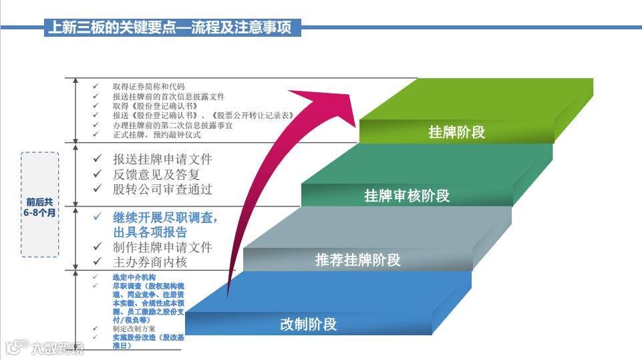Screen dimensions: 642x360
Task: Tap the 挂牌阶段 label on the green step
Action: coord(456,132)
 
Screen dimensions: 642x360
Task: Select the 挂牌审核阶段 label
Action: coord(407,196)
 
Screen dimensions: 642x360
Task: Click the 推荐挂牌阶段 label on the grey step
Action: coord(358,260)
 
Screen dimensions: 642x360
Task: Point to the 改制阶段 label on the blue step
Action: coord(308,325)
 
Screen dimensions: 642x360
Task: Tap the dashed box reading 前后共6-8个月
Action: coord(40,204)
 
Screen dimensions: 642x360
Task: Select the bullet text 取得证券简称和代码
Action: coord(149,87)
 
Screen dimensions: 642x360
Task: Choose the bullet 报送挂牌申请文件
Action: coord(162,160)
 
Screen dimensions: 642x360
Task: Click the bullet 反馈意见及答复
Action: coord(156,174)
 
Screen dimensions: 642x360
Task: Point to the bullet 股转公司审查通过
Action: coord(162,189)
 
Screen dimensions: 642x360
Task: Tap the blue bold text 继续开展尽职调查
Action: coord(166,218)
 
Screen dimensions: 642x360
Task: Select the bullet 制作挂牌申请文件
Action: coord(162,247)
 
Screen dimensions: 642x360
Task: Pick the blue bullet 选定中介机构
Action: coord(134,277)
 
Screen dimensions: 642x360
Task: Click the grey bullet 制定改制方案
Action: coord(134,329)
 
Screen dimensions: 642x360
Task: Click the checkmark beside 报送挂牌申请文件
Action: coord(98,160)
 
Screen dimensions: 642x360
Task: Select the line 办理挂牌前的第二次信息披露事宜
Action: coord(172,125)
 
